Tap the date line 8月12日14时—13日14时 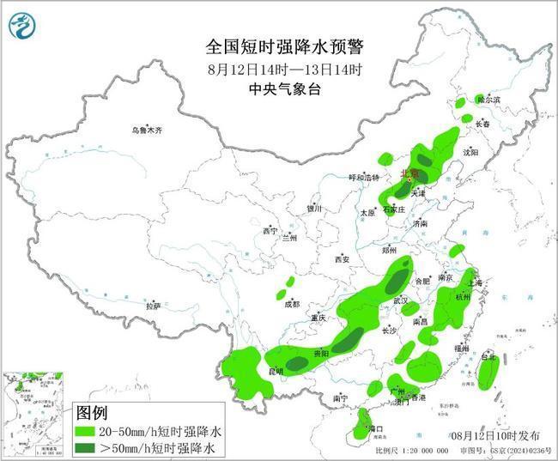click(278, 69)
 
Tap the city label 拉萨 click(153, 306)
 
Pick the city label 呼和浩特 click(363, 178)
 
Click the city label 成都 click(292, 304)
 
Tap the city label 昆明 click(275, 372)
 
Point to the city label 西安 click(343, 259)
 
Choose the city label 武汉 click(400, 301)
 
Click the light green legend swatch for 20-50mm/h click(87, 431)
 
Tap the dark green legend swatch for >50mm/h click(87, 448)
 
